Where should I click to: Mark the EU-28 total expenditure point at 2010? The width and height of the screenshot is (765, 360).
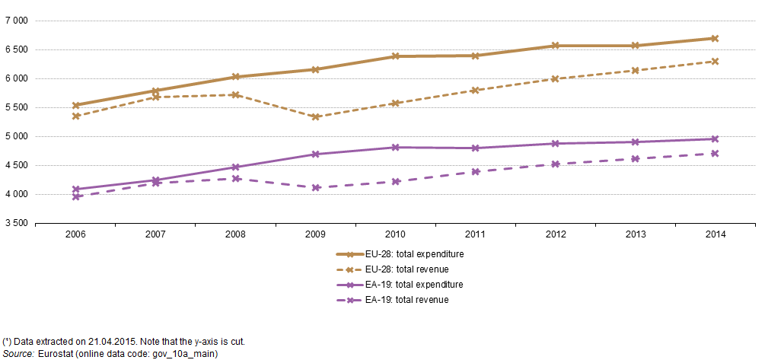pyautogui.click(x=395, y=56)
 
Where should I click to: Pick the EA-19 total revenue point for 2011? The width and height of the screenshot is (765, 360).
pyautogui.click(x=475, y=171)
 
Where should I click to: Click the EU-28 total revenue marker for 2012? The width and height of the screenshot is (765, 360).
pyautogui.click(x=555, y=79)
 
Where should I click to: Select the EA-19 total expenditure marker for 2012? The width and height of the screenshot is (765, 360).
pyautogui.click(x=555, y=144)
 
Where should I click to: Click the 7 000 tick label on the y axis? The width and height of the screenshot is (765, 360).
pyautogui.click(x=15, y=21)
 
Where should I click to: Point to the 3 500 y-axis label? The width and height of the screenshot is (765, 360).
pyautogui.click(x=15, y=224)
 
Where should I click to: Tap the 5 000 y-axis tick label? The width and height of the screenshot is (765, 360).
pyautogui.click(x=15, y=137)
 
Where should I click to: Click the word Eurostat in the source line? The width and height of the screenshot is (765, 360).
pyautogui.click(x=51, y=353)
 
